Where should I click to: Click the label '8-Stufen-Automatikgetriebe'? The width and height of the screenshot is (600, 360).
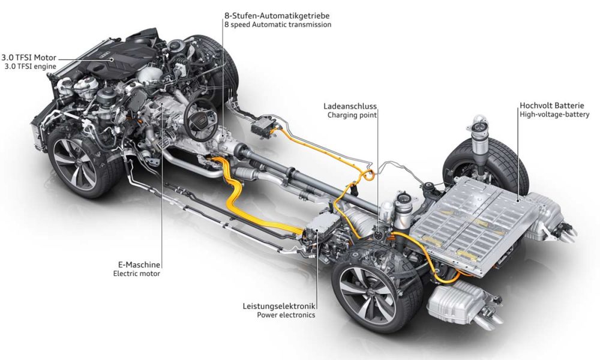point(277,16)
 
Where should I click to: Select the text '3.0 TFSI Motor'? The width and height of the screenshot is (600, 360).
point(29,58)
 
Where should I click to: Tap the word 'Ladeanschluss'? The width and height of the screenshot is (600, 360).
point(350,106)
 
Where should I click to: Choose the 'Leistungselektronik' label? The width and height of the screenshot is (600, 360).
point(279,306)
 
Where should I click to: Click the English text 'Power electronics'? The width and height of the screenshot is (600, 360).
point(286,315)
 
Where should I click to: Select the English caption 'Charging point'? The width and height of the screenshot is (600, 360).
point(352,115)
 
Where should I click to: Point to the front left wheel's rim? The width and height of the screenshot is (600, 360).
point(74,164)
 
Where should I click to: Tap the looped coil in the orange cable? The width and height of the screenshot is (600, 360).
point(368,175)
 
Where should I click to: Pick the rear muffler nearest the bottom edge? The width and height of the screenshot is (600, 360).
point(461,304)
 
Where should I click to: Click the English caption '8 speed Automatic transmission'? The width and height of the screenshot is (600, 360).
point(278,25)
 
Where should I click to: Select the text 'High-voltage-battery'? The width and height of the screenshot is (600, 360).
point(554,114)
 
